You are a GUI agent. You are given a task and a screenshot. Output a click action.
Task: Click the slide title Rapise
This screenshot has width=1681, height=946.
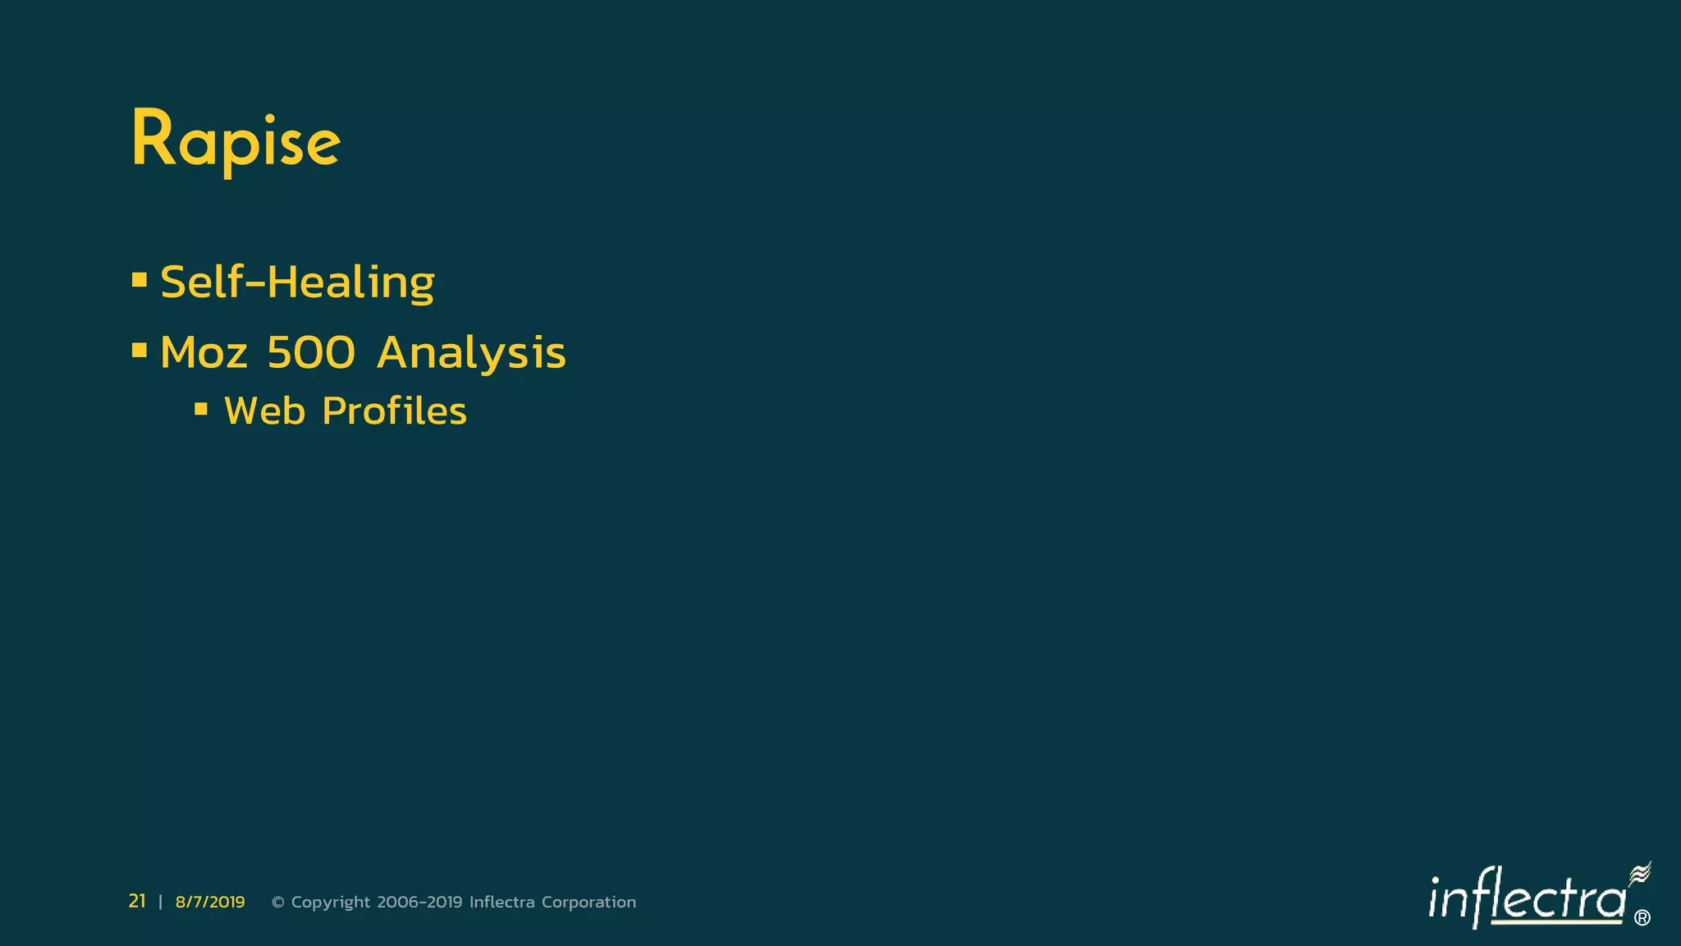tap(236, 140)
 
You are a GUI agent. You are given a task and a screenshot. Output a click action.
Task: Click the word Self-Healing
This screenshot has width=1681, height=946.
tap(297, 282)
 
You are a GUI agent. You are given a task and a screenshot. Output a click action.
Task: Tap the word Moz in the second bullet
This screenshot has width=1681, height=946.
tap(204, 353)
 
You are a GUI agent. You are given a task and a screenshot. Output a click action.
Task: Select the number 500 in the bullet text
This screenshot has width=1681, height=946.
tap(311, 353)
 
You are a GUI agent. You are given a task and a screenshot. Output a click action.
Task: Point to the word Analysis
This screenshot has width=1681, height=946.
tap(471, 353)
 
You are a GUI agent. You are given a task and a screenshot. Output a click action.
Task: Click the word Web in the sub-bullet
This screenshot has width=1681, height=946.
tap(264, 411)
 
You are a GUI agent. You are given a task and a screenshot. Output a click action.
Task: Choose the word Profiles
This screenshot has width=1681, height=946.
tap(394, 411)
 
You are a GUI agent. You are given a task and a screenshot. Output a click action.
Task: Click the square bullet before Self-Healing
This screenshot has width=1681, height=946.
tap(140, 281)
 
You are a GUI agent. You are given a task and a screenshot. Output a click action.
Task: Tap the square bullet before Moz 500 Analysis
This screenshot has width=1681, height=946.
tap(140, 351)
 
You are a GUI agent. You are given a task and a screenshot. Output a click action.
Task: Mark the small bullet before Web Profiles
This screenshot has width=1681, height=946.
tap(201, 408)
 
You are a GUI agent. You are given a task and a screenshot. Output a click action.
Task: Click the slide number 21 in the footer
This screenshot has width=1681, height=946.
tap(137, 902)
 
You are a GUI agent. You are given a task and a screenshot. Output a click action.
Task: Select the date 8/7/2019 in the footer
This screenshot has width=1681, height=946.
tap(210, 902)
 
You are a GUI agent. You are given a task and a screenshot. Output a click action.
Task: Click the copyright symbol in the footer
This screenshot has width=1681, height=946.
tap(278, 902)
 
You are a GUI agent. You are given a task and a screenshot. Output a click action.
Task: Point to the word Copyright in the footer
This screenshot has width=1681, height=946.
tap(331, 902)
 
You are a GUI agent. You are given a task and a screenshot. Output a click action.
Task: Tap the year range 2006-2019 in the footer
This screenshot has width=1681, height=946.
tap(419, 902)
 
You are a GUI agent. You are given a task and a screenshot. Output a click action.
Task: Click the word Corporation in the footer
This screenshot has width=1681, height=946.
tap(589, 902)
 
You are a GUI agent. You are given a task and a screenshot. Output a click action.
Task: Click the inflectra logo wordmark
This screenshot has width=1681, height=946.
tap(1527, 899)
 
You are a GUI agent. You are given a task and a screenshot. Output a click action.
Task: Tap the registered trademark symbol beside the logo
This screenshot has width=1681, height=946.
tap(1642, 918)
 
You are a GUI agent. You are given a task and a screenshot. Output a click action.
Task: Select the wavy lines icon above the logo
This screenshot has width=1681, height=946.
tap(1640, 873)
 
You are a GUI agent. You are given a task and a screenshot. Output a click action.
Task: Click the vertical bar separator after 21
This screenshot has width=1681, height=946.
tap(160, 902)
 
